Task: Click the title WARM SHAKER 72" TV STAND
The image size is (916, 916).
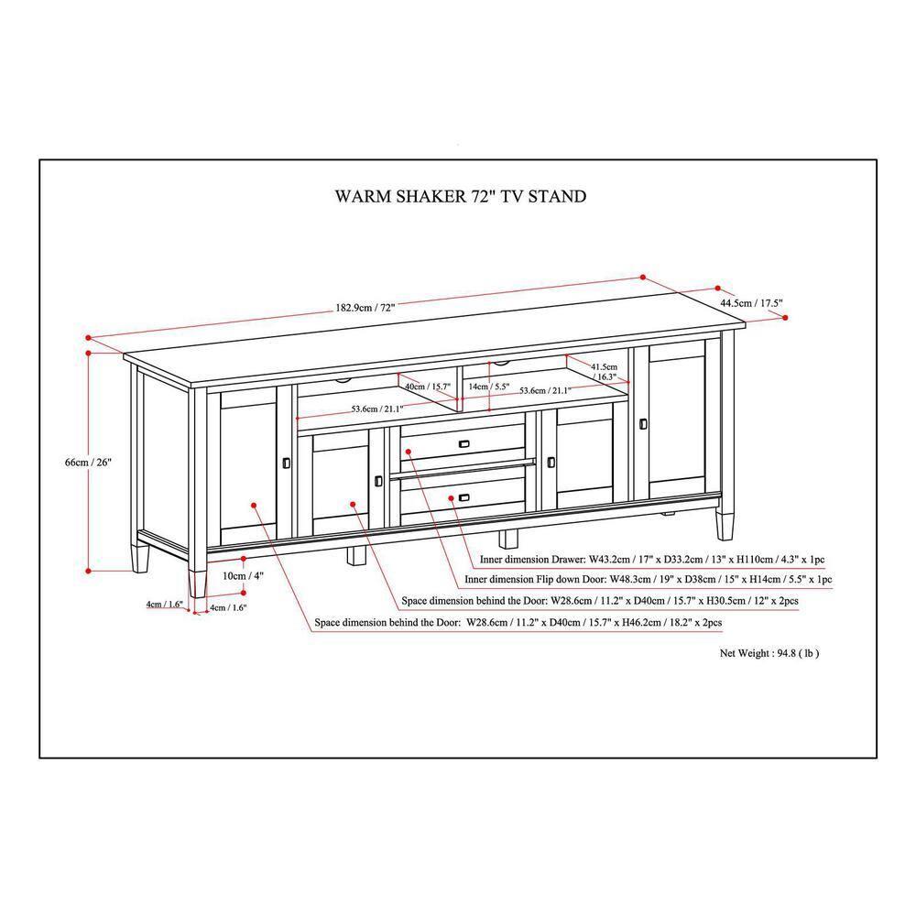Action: (460, 196)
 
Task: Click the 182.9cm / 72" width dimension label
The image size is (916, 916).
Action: (365, 308)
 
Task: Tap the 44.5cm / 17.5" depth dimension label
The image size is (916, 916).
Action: (751, 302)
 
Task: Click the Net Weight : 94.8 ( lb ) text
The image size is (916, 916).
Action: (769, 653)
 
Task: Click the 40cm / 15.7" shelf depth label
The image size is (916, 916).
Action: (429, 387)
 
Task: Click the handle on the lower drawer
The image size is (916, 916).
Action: (465, 497)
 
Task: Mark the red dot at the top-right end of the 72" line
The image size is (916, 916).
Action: (643, 277)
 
